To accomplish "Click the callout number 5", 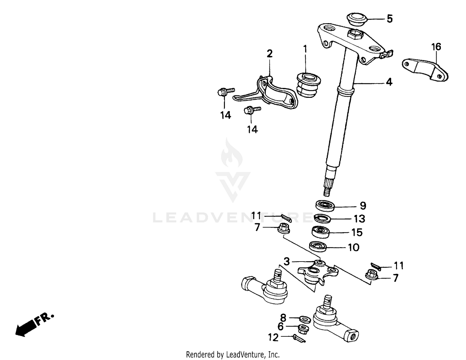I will coord(390,19).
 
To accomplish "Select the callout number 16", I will coord(436,47).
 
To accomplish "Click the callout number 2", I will coord(270,53).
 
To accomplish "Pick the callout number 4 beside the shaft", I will coord(389,82).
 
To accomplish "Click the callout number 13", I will coord(359,219).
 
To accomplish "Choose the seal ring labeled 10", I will coord(318,247).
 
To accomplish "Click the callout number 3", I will coord(286,262).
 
